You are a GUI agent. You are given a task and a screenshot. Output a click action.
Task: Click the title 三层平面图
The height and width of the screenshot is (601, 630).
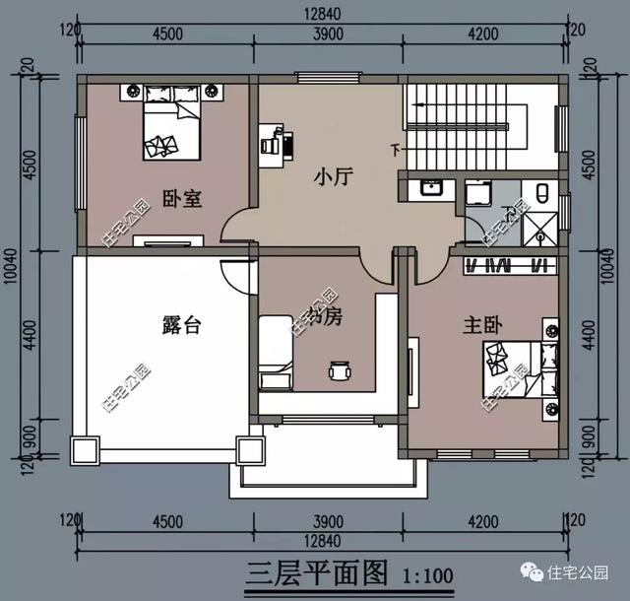312,572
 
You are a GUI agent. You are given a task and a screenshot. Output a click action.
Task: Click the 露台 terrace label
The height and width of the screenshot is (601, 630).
180,324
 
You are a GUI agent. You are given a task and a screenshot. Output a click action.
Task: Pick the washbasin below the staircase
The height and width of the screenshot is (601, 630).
429,189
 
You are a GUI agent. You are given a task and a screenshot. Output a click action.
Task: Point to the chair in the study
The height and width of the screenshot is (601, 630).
340,372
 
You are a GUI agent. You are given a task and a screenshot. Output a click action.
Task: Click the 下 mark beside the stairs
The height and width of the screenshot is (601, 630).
396,150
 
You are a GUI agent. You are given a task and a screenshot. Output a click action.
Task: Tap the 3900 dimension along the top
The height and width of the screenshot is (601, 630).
326,33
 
